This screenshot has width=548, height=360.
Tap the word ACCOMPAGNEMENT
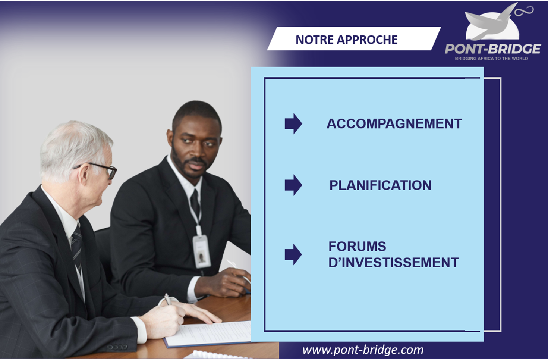click(x=394, y=124)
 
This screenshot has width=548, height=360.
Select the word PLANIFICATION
click(x=380, y=185)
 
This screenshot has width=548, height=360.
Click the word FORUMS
click(x=357, y=246)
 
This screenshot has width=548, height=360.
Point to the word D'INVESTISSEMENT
click(x=393, y=263)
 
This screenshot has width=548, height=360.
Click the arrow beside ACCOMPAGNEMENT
click(x=293, y=124)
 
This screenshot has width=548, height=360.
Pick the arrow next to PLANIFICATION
click(x=293, y=185)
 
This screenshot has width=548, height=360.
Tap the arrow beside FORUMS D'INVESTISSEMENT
click(x=293, y=254)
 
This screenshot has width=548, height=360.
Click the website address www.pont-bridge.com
click(x=363, y=350)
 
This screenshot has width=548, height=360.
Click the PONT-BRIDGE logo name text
click(x=493, y=49)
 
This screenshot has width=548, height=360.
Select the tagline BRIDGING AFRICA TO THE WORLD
click(x=491, y=59)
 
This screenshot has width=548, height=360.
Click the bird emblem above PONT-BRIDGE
click(x=497, y=22)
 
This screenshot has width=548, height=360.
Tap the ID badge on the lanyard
click(x=202, y=251)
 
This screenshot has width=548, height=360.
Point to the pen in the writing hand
click(x=168, y=299)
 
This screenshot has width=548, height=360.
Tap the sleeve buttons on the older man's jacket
click(x=117, y=347)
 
